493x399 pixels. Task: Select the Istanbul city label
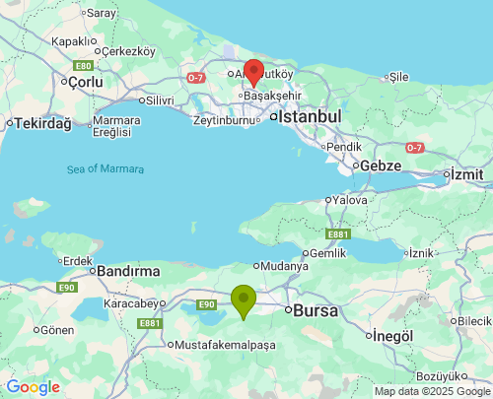click(310, 116)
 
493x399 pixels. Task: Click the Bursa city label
click(317, 310)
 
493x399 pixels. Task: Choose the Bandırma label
click(128, 270)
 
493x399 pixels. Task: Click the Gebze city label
click(380, 166)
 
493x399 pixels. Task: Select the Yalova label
click(350, 199)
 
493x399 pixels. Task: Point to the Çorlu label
click(85, 82)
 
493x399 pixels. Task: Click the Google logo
click(33, 387)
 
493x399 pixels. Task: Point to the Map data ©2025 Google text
click(431, 391)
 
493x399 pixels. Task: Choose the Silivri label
click(161, 100)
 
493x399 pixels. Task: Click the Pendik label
click(344, 146)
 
